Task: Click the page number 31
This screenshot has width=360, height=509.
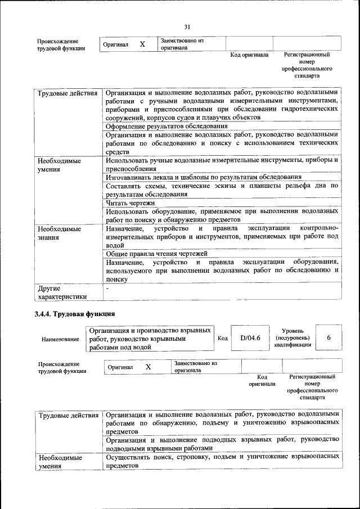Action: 187,26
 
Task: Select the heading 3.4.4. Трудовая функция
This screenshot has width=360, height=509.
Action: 75,314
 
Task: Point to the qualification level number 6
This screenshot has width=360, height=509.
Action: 329,337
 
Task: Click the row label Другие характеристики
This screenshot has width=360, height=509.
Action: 62,292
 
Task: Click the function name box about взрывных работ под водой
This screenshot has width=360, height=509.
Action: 150,339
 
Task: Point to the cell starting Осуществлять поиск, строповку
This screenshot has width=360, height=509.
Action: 222,462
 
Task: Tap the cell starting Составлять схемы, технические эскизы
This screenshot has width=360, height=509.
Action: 222,190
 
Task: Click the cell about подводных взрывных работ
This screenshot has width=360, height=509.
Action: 222,443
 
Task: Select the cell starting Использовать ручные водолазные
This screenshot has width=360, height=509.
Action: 222,164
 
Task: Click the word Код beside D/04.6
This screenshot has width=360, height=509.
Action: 222,338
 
